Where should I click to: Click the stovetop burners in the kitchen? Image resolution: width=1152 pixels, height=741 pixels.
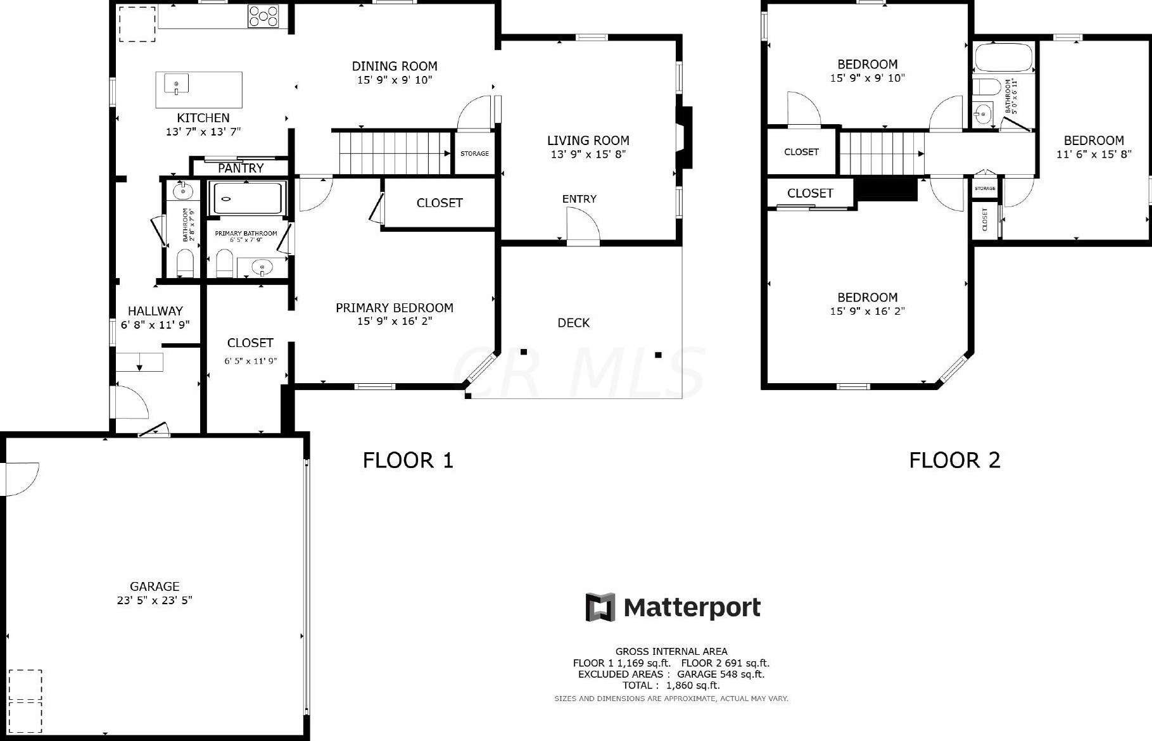click(x=263, y=16)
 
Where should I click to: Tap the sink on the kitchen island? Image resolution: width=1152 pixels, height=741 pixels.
click(x=177, y=84)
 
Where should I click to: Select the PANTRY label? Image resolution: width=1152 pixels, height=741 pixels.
click(x=241, y=168)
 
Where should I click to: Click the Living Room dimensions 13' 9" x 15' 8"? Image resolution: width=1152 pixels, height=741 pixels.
click(x=588, y=154)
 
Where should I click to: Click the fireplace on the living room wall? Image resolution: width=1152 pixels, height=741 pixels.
click(x=684, y=137)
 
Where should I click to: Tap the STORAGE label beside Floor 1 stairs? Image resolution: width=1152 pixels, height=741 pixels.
click(x=474, y=153)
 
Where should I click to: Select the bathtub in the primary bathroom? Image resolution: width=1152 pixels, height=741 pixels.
click(x=248, y=198)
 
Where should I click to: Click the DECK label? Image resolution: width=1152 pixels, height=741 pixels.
click(x=573, y=323)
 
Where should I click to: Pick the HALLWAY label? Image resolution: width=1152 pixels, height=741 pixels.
click(x=155, y=311)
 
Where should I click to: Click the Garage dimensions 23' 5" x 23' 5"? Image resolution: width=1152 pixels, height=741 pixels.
click(x=155, y=600)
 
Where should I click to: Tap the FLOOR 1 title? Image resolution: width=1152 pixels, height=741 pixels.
click(x=408, y=460)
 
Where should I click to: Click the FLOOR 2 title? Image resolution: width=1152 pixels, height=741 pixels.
click(x=954, y=460)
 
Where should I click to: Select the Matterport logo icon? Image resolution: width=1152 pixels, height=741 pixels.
click(x=600, y=607)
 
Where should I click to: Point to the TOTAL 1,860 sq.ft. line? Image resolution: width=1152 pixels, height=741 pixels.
click(x=671, y=685)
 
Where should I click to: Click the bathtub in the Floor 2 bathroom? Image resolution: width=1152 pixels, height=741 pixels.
click(x=1003, y=58)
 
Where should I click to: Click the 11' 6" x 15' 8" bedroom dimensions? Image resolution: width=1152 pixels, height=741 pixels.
click(x=1094, y=154)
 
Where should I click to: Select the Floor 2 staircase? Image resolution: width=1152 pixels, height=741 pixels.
click(x=882, y=153)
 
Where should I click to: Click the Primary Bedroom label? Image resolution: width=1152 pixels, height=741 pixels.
click(x=394, y=308)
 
